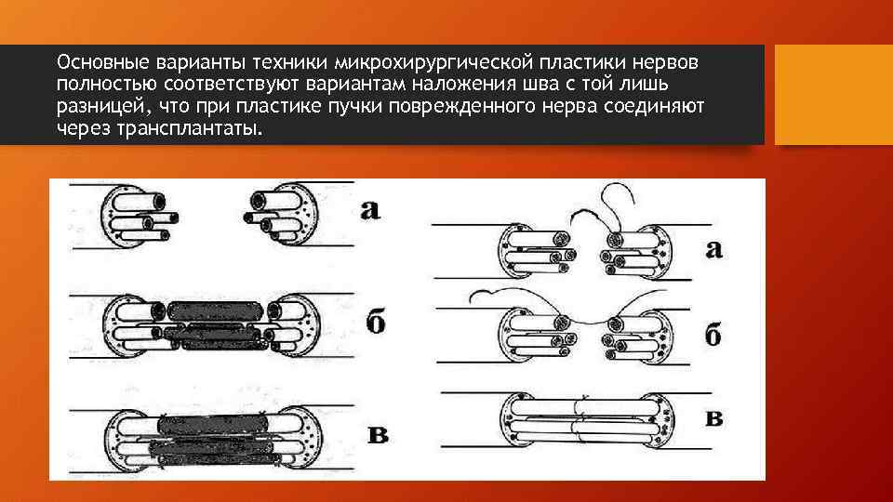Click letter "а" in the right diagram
(x=713, y=248)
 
